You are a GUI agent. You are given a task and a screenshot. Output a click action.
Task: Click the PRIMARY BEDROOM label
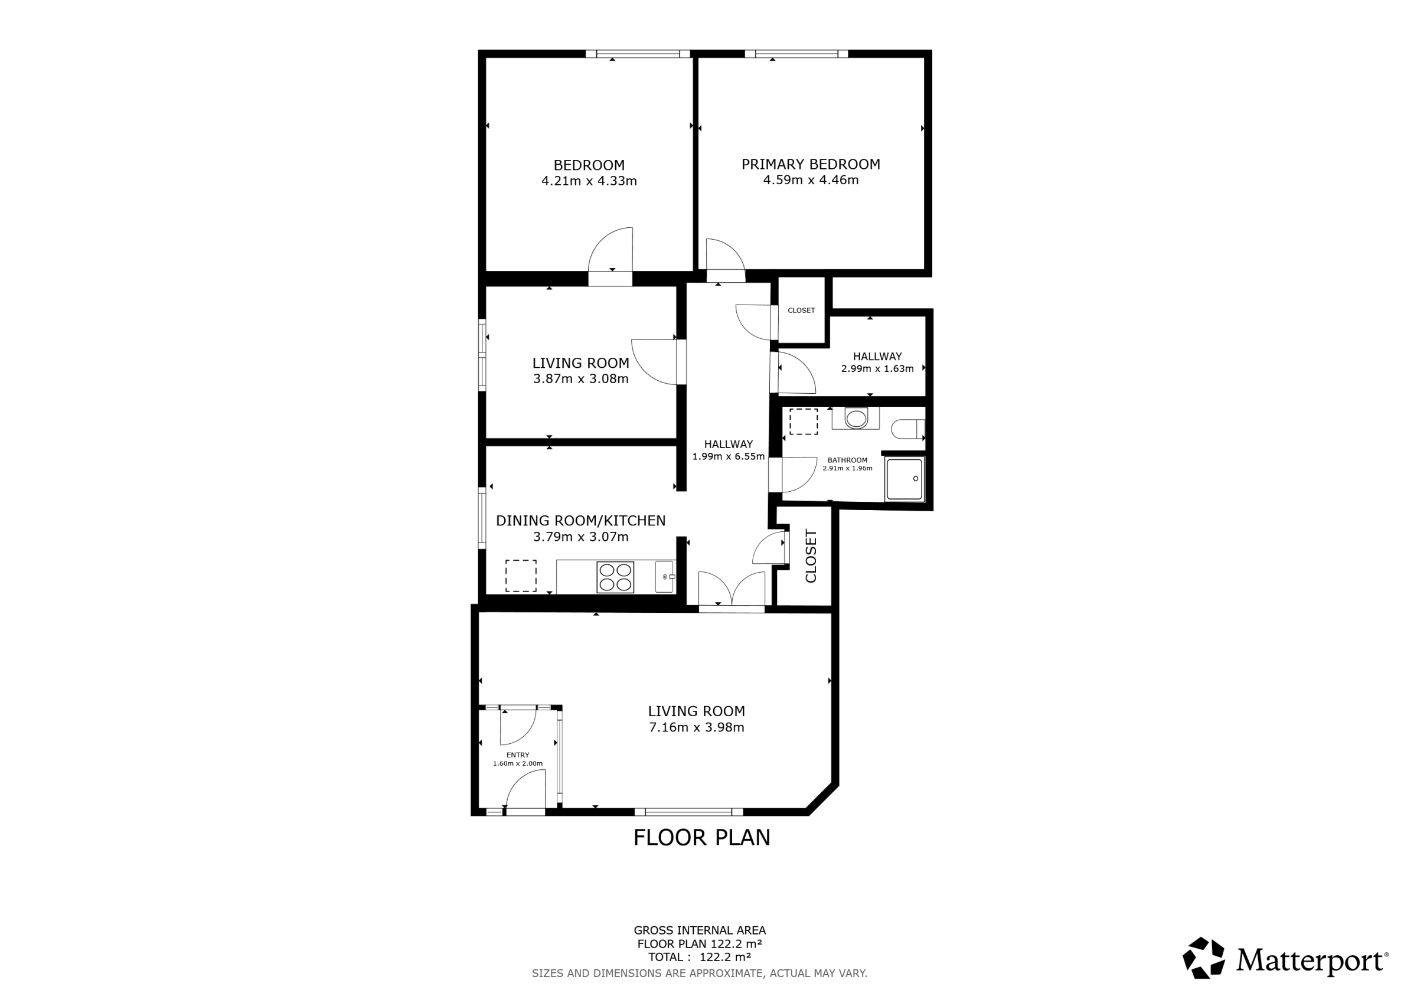811,165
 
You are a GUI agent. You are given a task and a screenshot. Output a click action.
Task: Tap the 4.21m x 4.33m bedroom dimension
589,181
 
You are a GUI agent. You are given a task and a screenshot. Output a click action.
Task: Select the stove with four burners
615,577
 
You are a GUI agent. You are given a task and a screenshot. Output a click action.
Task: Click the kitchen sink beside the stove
665,577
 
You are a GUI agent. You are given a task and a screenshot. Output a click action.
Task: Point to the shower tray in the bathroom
905,479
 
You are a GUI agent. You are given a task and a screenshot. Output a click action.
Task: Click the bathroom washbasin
856,418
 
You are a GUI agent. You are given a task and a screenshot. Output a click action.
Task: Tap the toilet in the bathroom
908,429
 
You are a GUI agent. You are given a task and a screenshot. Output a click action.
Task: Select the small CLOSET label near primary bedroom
801,311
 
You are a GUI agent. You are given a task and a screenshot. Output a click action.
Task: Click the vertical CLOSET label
811,556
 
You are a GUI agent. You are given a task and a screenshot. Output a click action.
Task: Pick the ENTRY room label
518,755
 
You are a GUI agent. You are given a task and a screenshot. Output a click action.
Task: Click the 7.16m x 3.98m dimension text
697,727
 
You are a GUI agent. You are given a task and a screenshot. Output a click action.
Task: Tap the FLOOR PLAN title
702,838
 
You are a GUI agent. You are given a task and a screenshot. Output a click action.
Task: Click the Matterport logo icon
1203,958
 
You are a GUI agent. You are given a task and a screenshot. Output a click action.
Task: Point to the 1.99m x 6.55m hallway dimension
729,456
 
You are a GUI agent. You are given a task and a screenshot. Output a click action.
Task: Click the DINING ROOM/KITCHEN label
581,521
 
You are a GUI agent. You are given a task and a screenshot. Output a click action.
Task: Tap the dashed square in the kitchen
521,576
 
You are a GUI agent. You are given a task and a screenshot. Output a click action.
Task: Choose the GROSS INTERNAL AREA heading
700,930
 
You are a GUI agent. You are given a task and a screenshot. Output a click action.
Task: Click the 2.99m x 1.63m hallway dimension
877,369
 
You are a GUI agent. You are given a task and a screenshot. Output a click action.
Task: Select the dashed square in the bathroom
804,422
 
